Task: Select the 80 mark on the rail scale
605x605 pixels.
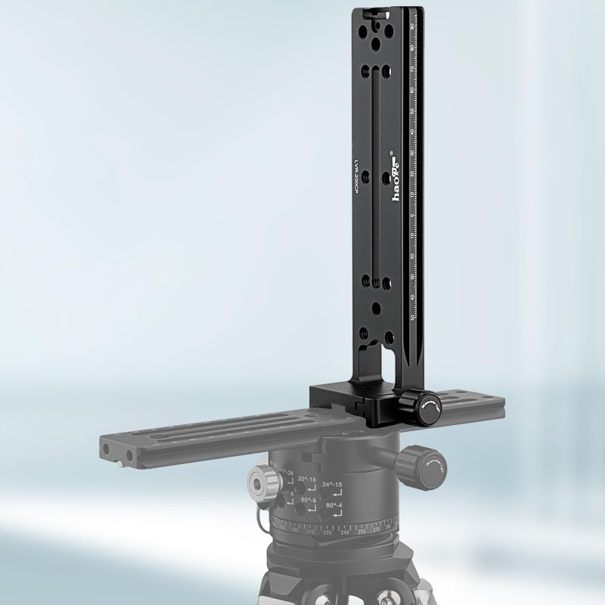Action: click(x=411, y=48)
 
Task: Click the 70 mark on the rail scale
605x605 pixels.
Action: click(x=411, y=70)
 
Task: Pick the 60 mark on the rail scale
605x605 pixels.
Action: click(x=411, y=91)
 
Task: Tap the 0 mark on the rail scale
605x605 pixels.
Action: click(x=411, y=216)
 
